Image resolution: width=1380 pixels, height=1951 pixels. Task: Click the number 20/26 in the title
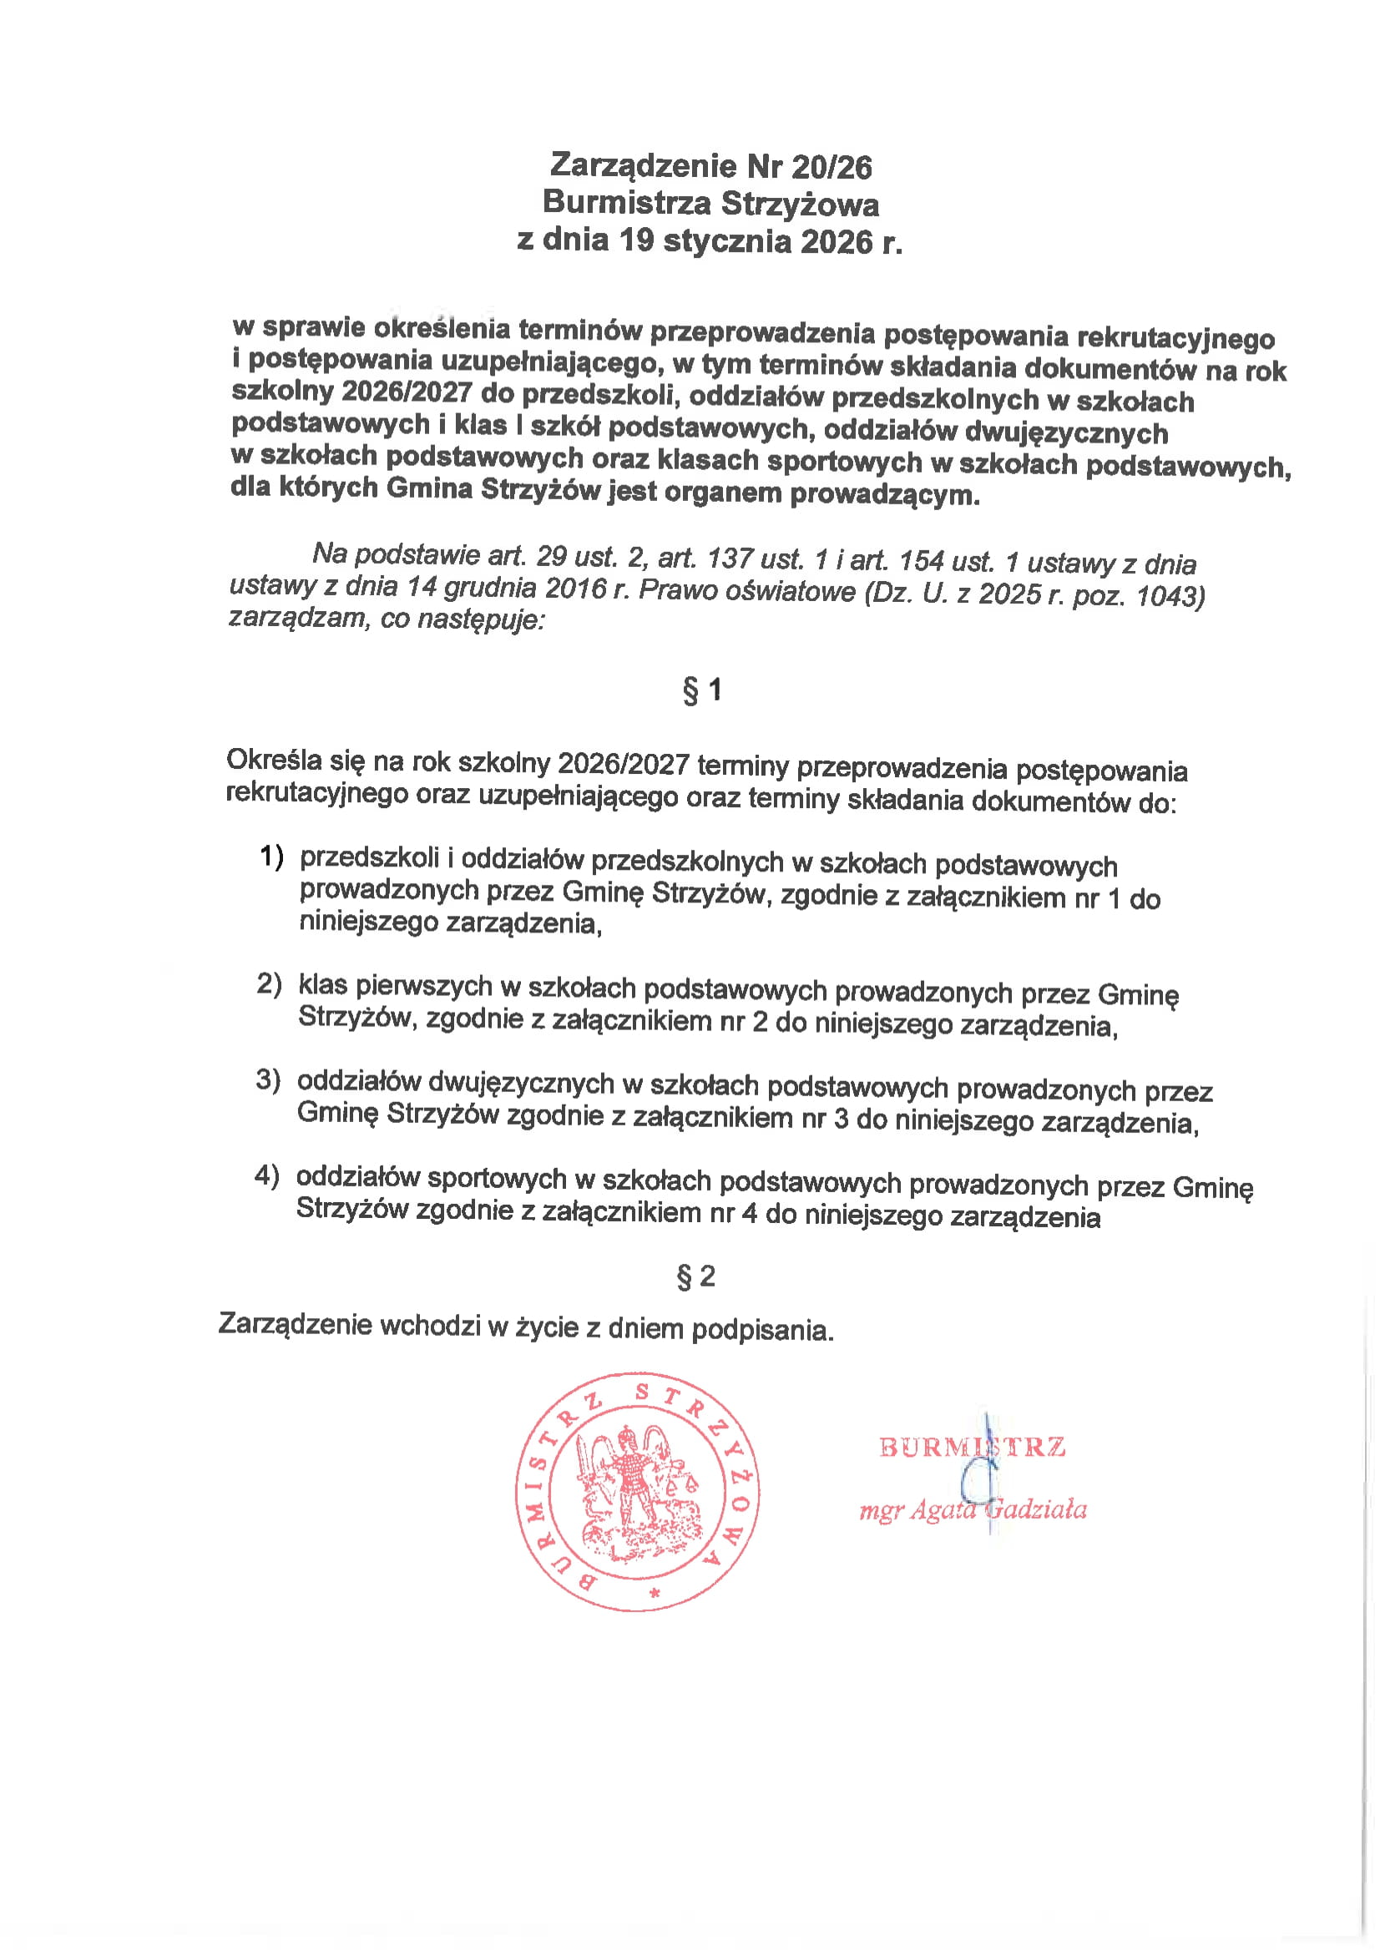831,168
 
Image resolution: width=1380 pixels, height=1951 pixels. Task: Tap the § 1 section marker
702,689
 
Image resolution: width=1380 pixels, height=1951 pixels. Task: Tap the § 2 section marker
695,1276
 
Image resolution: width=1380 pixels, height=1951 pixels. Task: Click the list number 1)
271,856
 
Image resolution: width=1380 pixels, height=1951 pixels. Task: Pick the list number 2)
270,983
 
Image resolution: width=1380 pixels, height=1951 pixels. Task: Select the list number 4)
267,1175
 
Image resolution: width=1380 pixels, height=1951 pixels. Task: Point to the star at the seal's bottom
654,1593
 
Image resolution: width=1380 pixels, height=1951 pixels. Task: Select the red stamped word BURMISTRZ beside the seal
972,1447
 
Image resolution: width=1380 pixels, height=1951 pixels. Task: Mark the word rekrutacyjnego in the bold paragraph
1176,337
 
